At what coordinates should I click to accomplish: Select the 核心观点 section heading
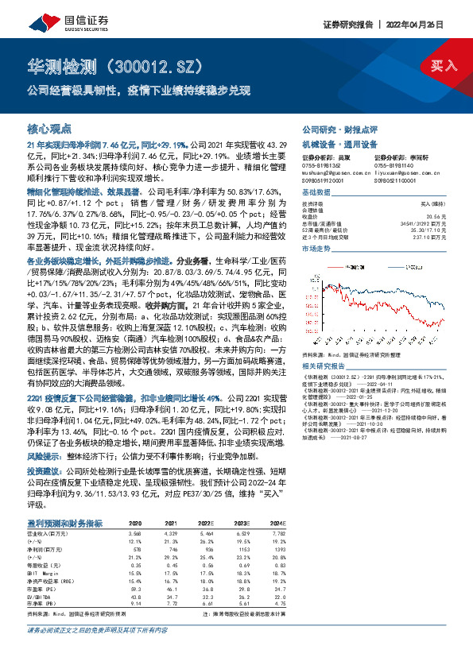pyautogui.click(x=50, y=128)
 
